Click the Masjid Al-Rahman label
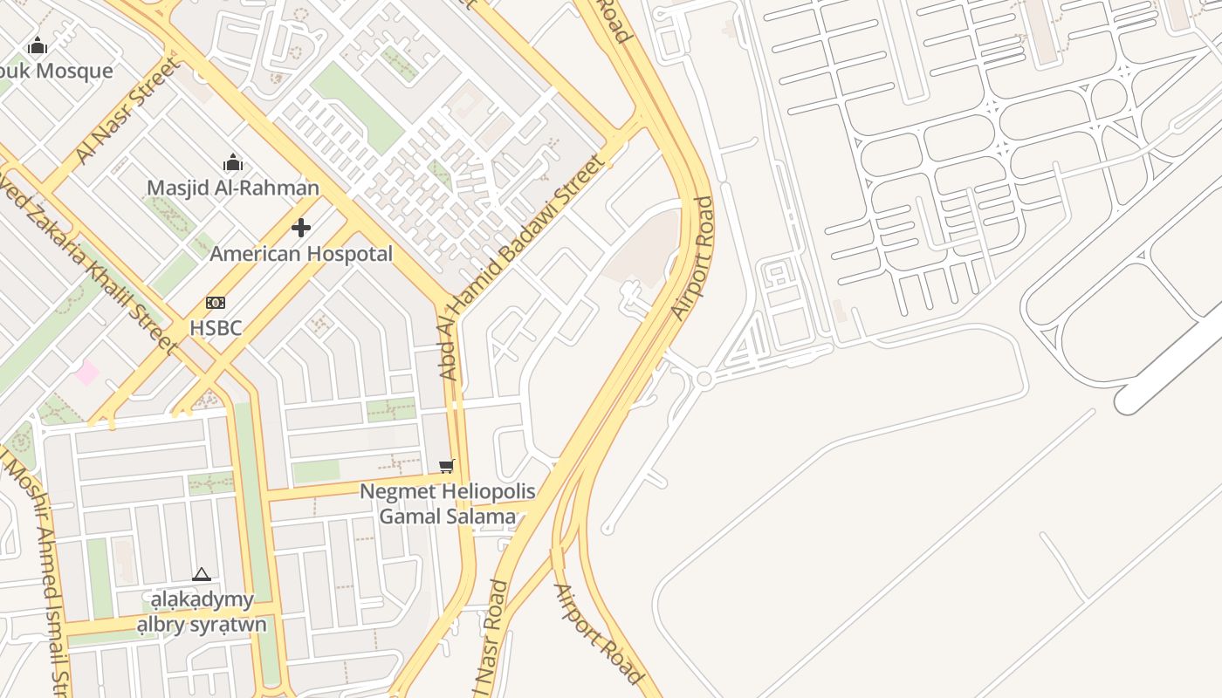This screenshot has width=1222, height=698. (x=232, y=188)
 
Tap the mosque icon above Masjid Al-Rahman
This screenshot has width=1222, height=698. (x=232, y=162)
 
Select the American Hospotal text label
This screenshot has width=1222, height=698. (x=301, y=254)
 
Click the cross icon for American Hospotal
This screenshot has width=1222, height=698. (x=301, y=229)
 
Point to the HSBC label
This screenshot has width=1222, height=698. (x=216, y=328)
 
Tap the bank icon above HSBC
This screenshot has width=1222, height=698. (x=216, y=303)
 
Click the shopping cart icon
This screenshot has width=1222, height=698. (x=447, y=467)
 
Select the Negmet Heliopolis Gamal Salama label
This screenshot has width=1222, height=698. (x=448, y=504)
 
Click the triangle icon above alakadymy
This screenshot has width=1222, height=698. (x=202, y=574)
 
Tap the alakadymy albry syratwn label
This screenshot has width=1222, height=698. (x=202, y=612)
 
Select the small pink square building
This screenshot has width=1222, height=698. (x=86, y=373)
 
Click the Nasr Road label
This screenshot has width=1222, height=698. (x=491, y=641)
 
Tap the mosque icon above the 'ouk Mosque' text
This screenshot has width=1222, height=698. (x=38, y=45)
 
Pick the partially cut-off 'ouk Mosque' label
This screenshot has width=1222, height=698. (x=57, y=71)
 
